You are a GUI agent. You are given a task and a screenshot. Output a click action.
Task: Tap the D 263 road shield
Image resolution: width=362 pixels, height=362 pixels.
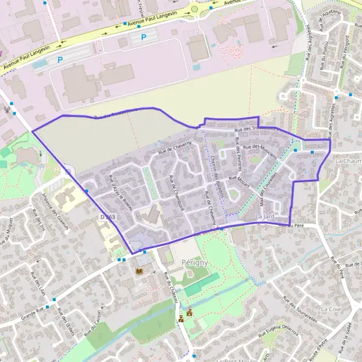pos(107,217)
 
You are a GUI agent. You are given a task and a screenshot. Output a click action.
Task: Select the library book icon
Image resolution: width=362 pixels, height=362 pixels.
pos(140,272)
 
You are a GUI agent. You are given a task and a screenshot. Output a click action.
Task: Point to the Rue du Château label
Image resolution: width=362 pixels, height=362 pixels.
pos(171,288)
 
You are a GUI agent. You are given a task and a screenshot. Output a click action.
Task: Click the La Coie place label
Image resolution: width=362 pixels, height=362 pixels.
pos(331,308)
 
